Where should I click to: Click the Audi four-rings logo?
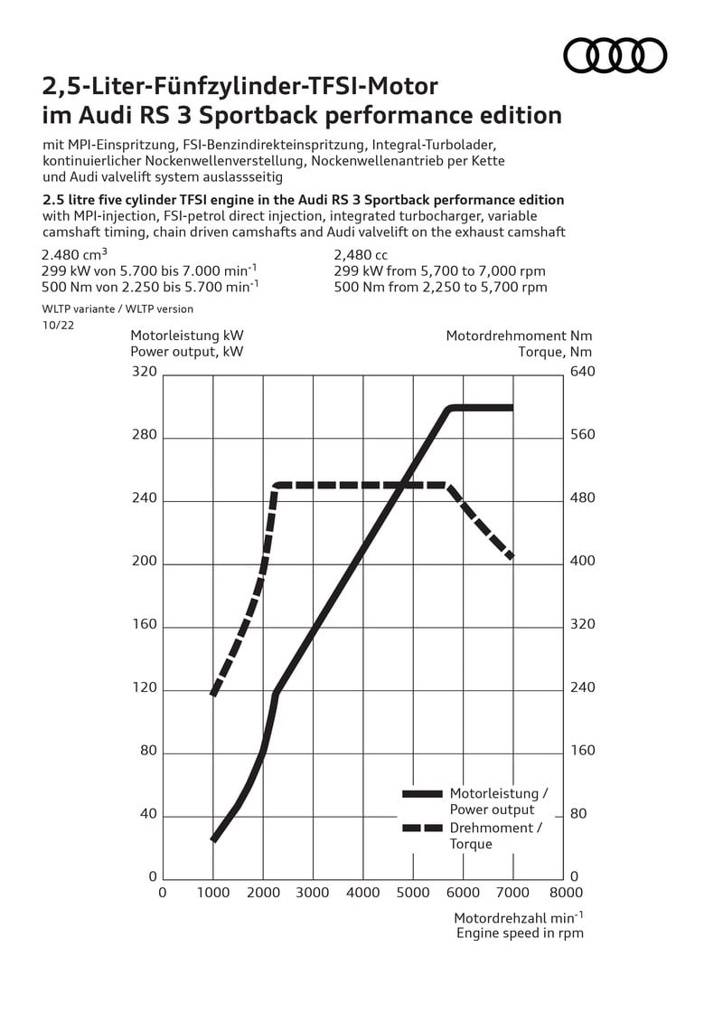click(x=615, y=55)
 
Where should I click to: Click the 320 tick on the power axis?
click(x=144, y=371)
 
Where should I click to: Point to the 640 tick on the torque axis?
click(x=583, y=371)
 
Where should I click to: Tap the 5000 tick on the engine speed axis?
click(x=413, y=893)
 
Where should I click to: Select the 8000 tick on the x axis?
click(x=566, y=893)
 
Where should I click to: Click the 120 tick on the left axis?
click(x=144, y=687)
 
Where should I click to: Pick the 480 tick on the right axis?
click(x=583, y=497)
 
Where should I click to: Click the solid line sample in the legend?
click(x=422, y=794)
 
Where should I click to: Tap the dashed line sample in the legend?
click(x=422, y=828)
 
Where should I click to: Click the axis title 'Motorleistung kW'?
click(x=187, y=336)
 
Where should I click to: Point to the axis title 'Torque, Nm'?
click(x=556, y=353)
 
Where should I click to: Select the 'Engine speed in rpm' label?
click(x=520, y=933)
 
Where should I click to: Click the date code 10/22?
click(x=58, y=325)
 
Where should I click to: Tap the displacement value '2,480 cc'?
click(x=361, y=254)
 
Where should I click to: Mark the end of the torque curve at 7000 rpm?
click(x=512, y=557)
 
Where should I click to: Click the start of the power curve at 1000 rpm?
click(x=213, y=839)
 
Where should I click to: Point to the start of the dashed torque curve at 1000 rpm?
click(x=213, y=694)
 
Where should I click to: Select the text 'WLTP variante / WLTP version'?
click(x=118, y=309)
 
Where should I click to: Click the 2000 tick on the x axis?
click(x=263, y=893)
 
